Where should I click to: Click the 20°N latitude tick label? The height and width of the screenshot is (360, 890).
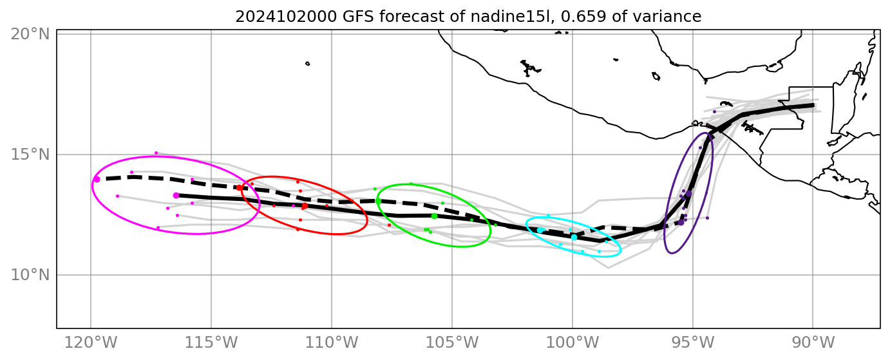(x=30, y=34)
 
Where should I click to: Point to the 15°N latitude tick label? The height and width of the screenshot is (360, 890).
(x=30, y=155)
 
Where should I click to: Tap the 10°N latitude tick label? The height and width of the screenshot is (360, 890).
(x=30, y=275)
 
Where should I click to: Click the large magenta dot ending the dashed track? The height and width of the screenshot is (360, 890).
(x=97, y=179)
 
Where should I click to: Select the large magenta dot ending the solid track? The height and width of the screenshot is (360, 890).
(x=176, y=195)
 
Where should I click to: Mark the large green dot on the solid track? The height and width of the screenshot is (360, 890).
(x=434, y=216)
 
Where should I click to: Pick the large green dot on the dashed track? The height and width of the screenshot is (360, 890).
(x=378, y=201)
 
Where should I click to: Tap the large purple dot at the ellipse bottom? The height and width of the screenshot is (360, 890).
(x=681, y=222)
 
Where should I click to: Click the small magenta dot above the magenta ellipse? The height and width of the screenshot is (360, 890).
(x=156, y=153)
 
